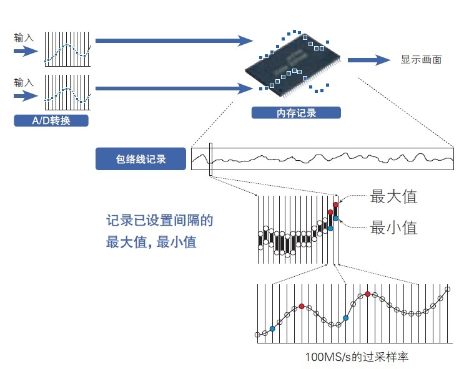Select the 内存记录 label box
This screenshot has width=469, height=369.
point(296,113)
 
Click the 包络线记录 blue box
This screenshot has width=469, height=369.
point(141,159)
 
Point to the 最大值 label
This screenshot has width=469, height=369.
point(393,196)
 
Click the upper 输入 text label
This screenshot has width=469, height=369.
point(24,38)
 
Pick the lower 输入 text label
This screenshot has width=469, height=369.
point(24,82)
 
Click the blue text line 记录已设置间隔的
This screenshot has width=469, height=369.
point(160,221)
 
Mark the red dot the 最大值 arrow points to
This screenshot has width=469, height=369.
point(336,204)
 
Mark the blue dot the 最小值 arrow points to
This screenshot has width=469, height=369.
point(336,218)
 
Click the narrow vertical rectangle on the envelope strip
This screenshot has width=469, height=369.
point(212,160)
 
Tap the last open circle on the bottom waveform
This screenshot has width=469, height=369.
point(448,289)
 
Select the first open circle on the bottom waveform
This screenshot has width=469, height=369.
point(257,335)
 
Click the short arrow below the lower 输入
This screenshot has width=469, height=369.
point(25,96)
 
